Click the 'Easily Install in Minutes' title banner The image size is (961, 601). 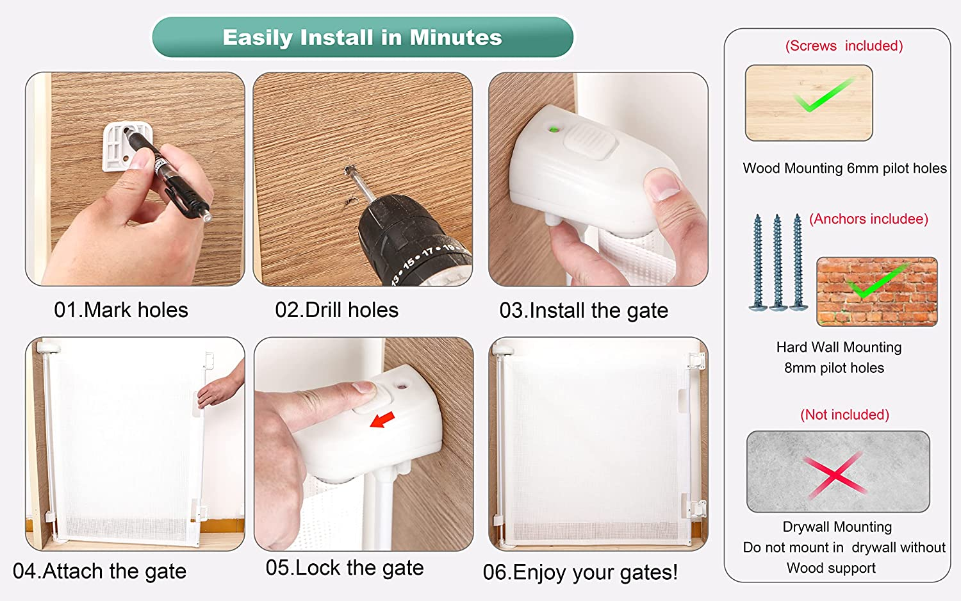363,37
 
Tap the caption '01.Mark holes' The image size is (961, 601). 121,309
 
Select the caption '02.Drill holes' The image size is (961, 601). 337,309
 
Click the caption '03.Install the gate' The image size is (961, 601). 584,311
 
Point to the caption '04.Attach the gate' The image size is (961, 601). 99,571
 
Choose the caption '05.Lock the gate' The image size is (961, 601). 345,568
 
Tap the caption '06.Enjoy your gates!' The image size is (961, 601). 580,572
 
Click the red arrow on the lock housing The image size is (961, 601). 382,419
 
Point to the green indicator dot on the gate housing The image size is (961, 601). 554,129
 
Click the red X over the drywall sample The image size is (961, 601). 834,475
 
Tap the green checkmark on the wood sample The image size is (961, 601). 821,95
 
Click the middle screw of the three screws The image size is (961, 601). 778,262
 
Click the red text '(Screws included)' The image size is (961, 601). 844,46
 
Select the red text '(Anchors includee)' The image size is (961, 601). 868,219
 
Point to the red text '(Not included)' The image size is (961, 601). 844,415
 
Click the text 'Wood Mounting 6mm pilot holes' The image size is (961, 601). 844,168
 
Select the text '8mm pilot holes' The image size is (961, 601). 834,368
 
